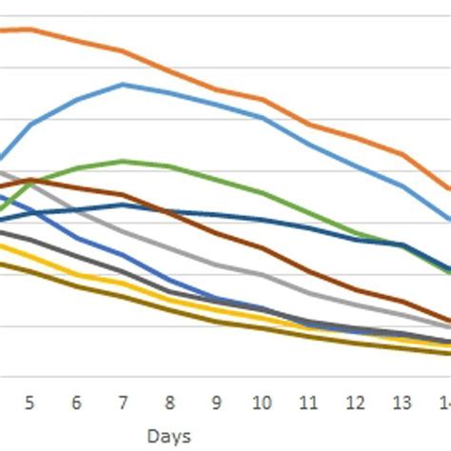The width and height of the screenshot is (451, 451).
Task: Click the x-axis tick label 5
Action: click(x=29, y=402)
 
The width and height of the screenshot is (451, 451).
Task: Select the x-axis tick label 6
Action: click(x=76, y=402)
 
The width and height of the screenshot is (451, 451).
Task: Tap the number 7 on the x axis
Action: click(x=123, y=402)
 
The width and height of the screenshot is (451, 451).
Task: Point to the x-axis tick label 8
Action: click(x=169, y=402)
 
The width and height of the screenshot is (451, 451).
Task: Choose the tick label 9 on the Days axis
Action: click(x=216, y=402)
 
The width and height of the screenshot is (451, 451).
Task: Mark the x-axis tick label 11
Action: click(x=309, y=402)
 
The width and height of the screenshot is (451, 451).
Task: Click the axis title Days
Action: click(x=169, y=437)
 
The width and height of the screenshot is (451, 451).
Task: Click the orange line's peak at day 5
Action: click(x=29, y=29)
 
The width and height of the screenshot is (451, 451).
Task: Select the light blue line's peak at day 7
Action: click(x=123, y=85)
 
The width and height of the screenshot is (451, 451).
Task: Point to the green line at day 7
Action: click(x=123, y=161)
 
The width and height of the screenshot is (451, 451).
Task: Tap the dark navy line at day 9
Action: click(x=216, y=215)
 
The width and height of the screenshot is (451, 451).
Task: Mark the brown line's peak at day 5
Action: click(x=29, y=180)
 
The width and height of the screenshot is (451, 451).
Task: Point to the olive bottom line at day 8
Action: click(x=169, y=308)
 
